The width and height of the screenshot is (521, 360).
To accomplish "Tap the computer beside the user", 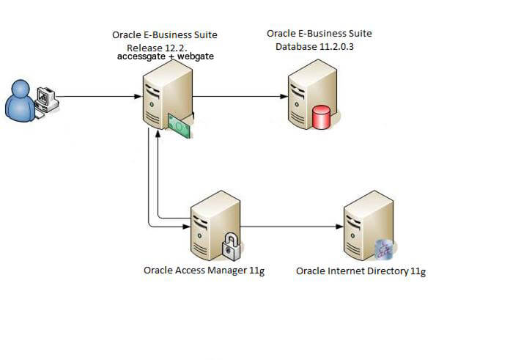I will [x=47, y=98].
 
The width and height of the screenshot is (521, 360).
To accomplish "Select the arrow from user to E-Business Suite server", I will [x=99, y=96].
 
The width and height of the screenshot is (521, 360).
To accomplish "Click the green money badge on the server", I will [x=179, y=125].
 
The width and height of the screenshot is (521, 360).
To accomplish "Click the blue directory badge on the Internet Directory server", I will [x=385, y=250].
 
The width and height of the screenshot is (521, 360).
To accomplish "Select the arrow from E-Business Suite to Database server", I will [x=238, y=96].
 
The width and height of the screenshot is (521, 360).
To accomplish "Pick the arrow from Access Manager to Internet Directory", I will [x=293, y=227].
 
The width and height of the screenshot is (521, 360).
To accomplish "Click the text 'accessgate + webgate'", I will [x=166, y=56].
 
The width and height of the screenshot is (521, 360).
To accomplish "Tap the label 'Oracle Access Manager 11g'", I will [x=203, y=270].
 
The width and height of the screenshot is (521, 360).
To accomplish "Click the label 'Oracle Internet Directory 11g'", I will [x=361, y=271].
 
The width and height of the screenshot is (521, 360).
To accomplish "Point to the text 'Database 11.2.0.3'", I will [x=319, y=47].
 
